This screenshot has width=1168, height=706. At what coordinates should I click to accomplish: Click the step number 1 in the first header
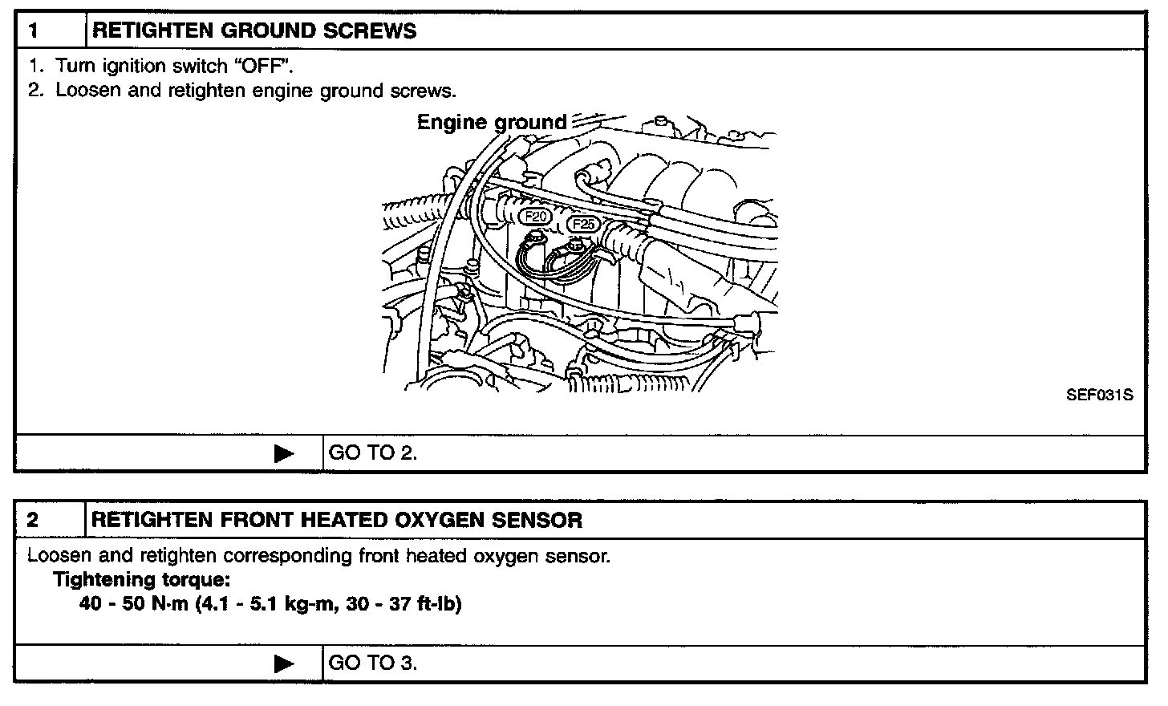tap(33, 31)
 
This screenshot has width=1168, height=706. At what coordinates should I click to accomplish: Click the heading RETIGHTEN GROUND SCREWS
tap(254, 31)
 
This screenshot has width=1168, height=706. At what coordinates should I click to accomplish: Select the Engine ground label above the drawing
tap(491, 123)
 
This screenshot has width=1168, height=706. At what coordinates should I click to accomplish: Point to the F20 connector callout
tap(535, 216)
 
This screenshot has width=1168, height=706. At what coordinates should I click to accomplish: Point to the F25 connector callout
tap(582, 224)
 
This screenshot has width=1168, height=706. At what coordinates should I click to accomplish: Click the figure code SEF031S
tap(1099, 396)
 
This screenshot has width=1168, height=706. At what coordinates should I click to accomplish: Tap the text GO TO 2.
tap(373, 453)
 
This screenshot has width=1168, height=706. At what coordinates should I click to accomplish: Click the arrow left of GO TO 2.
tap(284, 454)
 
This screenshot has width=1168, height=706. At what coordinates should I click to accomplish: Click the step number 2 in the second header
tap(33, 520)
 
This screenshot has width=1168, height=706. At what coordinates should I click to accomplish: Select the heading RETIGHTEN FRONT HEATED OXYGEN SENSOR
tap(337, 520)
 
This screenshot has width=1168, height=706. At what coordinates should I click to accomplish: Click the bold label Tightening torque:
tap(141, 579)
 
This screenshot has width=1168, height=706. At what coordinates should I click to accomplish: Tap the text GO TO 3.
tap(373, 663)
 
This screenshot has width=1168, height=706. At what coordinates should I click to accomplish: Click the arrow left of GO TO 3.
tap(284, 664)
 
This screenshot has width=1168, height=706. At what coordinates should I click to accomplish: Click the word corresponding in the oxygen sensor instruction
tap(288, 556)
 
